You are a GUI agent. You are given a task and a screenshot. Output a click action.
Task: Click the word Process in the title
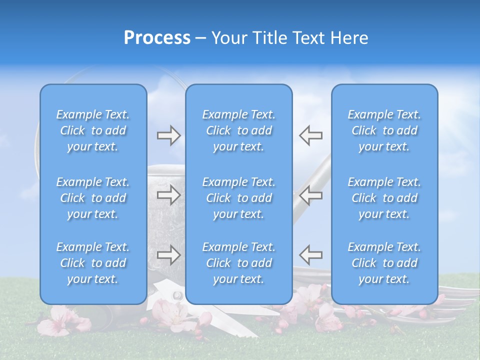pyautogui.click(x=157, y=38)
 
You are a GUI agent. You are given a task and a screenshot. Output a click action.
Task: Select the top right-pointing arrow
pyautogui.click(x=168, y=135)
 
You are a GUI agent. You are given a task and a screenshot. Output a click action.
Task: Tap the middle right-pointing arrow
pyautogui.click(x=168, y=195)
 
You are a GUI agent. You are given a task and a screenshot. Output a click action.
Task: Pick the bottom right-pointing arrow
pyautogui.click(x=168, y=255)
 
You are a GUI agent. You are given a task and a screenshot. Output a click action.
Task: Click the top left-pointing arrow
pyautogui.click(x=310, y=135)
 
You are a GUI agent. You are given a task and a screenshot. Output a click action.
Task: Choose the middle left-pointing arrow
pyautogui.click(x=310, y=195)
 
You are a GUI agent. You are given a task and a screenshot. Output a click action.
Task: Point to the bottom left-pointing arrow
pyautogui.click(x=310, y=255)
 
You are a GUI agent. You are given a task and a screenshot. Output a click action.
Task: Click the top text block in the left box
pyautogui.click(x=93, y=130)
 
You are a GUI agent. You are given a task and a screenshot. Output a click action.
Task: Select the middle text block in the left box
pyautogui.click(x=93, y=198)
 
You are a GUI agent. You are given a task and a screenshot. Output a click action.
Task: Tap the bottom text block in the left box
pyautogui.click(x=93, y=263)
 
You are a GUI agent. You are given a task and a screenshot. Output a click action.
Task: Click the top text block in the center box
pyautogui.click(x=238, y=130)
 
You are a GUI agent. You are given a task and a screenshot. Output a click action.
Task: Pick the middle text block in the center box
pyautogui.click(x=238, y=198)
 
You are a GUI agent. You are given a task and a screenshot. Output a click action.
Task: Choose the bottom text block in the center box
pyautogui.click(x=238, y=263)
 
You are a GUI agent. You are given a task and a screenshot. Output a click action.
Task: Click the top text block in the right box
pyautogui.click(x=384, y=130)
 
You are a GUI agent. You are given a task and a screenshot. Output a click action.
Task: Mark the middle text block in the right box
pyautogui.click(x=384, y=198)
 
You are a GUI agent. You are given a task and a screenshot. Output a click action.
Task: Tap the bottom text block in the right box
pyautogui.click(x=384, y=263)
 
